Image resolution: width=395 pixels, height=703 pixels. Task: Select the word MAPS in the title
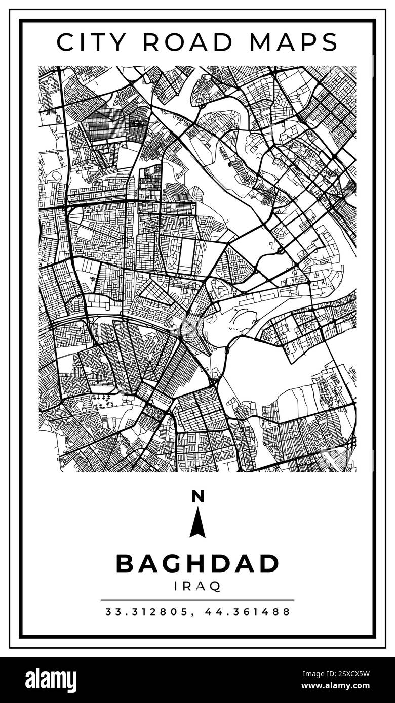295,42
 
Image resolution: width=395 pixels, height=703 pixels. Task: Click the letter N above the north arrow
197,497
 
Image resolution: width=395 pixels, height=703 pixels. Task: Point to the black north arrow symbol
197,523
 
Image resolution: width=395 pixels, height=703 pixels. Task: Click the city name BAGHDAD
197,563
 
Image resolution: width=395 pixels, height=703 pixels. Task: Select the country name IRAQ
197,586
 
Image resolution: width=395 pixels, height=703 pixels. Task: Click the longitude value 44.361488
248,612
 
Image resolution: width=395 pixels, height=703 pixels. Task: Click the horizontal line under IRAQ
197,600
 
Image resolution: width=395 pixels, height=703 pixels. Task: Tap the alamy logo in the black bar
51,680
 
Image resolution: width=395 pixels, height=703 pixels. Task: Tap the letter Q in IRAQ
215,587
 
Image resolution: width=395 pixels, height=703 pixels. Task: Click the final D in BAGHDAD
270,563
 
